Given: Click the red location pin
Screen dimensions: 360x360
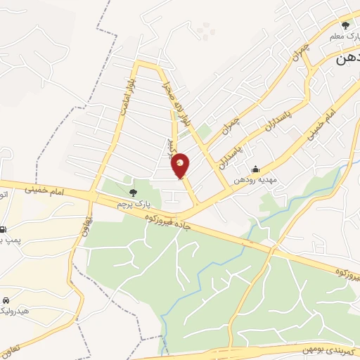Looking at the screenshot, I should (x=181, y=165).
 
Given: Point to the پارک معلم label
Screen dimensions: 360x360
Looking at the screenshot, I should (x=342, y=34).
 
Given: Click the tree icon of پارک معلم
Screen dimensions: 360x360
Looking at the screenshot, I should (x=345, y=25).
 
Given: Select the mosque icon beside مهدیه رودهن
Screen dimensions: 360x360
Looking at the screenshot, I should (x=255, y=169).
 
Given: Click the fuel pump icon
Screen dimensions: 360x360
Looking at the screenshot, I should (x=4, y=229).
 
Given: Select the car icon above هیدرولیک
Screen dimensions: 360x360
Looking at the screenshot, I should (x=6, y=299).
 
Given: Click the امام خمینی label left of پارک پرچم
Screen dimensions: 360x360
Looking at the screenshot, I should (x=44, y=188).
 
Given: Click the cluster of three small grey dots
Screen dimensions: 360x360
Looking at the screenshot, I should (x=204, y=30).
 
